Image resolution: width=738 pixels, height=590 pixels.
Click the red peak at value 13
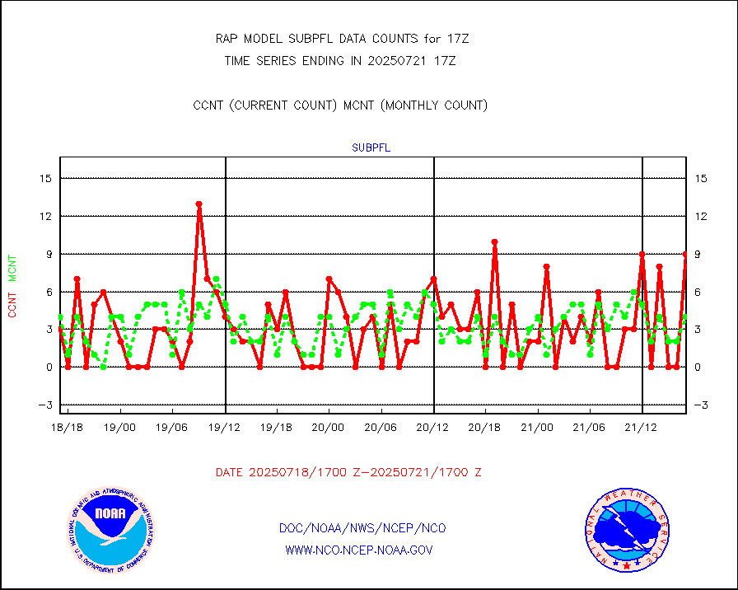pyautogui.click(x=199, y=204)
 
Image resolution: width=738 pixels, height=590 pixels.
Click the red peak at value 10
pyautogui.click(x=494, y=241)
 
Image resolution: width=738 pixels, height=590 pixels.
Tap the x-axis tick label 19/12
pyautogui.click(x=225, y=428)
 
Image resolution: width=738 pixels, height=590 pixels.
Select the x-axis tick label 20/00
pyautogui.click(x=329, y=428)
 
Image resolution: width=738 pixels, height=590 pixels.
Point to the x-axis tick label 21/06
pyautogui.click(x=590, y=428)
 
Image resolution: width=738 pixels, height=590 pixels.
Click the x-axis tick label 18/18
pyautogui.click(x=68, y=428)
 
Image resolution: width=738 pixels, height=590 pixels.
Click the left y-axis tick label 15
pyautogui.click(x=45, y=178)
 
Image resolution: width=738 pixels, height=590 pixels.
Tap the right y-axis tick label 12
pyautogui.click(x=701, y=216)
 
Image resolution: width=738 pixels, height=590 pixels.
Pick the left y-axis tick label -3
pyautogui.click(x=45, y=405)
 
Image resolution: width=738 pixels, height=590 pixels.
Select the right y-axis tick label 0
pyautogui.click(x=698, y=367)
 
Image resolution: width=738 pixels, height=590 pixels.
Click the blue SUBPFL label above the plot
pyautogui.click(x=371, y=148)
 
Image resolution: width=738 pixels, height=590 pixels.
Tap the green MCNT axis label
pyautogui.click(x=12, y=268)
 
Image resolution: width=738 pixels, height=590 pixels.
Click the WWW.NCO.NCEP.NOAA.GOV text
pyautogui.click(x=358, y=550)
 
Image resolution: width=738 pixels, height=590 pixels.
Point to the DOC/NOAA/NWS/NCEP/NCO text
pyautogui.click(x=362, y=527)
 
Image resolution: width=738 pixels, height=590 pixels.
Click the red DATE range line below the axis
pyautogui.click(x=348, y=472)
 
